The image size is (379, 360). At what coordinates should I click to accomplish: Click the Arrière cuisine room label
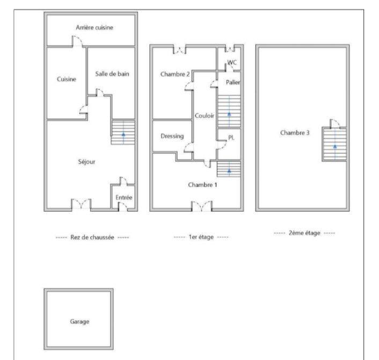pyautogui.click(x=94, y=27)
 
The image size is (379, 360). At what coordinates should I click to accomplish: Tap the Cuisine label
pyautogui.click(x=67, y=79)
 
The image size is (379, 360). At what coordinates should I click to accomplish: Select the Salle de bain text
pyautogui.click(x=112, y=74)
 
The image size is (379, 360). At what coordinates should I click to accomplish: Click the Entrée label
pyautogui.click(x=124, y=198)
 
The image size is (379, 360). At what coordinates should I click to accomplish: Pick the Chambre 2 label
pyautogui.click(x=175, y=74)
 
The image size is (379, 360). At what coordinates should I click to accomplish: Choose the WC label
pyautogui.click(x=232, y=63)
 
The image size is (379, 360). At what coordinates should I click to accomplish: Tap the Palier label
pyautogui.click(x=232, y=82)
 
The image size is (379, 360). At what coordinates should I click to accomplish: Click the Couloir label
pyautogui.click(x=205, y=115)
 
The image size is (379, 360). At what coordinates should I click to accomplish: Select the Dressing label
pyautogui.click(x=172, y=136)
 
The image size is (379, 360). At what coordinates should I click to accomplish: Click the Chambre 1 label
pyautogui.click(x=202, y=184)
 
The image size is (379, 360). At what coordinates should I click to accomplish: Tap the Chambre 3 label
pyautogui.click(x=295, y=133)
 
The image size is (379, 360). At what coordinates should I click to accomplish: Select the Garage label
pyautogui.click(x=79, y=322)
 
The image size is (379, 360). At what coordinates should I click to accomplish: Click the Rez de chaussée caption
pyautogui.click(x=93, y=237)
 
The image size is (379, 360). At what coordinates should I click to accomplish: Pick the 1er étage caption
pyautogui.click(x=201, y=237)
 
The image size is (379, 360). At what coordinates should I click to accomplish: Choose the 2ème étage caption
pyautogui.click(x=304, y=233)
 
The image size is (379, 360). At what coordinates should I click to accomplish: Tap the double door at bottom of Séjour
pyautogui.click(x=81, y=204)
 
